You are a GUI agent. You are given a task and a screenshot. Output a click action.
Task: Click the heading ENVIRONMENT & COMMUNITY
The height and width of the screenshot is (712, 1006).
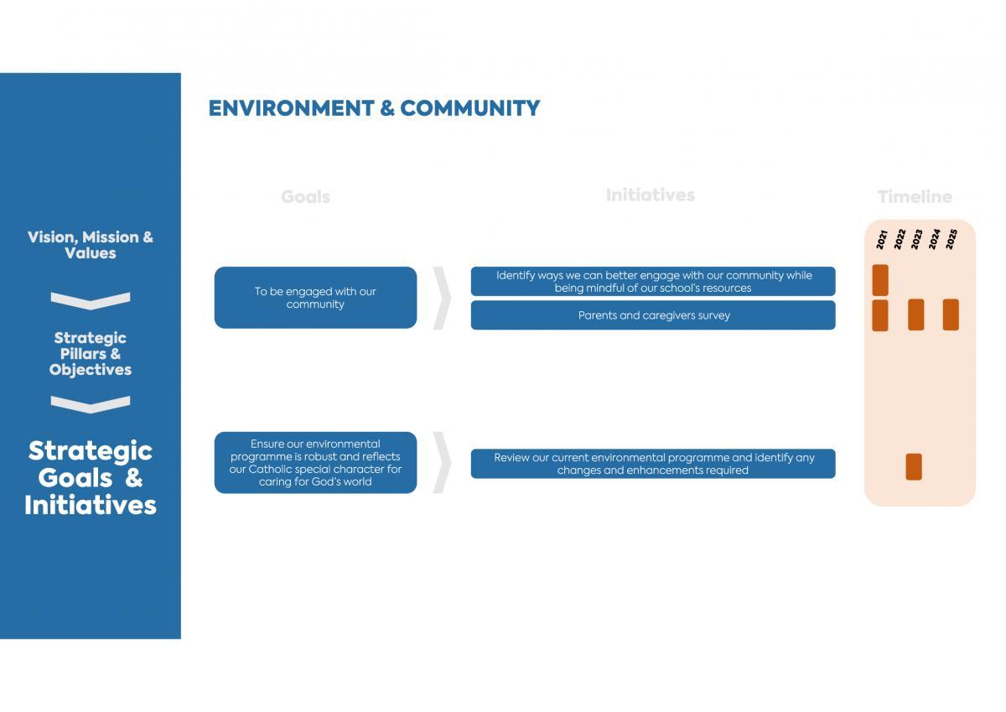pos(374,108)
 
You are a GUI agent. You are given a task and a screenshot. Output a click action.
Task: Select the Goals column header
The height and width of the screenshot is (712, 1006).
pos(305,197)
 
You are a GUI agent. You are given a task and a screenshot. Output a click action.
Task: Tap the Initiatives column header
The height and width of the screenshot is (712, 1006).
pos(650,195)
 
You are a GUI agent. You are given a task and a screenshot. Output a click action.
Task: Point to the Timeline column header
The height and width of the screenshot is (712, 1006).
pos(915,197)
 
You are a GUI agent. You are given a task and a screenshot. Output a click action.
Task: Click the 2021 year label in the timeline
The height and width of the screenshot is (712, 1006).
pos(882,239)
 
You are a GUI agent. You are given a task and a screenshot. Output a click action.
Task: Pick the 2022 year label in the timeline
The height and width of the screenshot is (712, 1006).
pos(900,239)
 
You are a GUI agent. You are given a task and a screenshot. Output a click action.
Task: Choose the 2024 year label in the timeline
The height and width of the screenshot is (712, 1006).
pos(934,239)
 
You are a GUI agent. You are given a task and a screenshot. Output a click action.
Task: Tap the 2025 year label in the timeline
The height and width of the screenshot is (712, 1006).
pos(952,239)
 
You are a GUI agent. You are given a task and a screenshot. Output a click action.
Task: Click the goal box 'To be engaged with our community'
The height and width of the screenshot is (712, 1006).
pos(315,298)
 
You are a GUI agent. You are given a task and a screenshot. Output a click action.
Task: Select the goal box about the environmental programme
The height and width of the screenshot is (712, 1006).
pos(315,463)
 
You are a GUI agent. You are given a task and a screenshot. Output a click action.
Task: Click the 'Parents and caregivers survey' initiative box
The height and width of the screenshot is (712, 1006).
pos(653,315)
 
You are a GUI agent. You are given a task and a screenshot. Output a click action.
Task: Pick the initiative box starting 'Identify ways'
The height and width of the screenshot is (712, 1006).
pos(653,281)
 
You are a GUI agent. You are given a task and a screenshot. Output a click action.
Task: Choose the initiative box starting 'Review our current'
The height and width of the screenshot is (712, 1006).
pos(653,464)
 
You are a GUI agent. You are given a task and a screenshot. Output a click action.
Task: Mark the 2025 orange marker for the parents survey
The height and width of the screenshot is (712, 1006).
pos(951,314)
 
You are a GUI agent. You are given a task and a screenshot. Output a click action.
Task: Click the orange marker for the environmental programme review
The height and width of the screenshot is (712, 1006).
pos(914,467)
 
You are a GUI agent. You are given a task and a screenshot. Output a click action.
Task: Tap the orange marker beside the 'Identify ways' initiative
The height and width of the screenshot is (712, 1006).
pos(880,280)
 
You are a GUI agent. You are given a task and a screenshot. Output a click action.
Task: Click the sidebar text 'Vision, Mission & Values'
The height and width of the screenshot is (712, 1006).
pos(91,245)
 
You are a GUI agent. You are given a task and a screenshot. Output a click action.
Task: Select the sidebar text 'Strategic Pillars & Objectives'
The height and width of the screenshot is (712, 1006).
pos(91,354)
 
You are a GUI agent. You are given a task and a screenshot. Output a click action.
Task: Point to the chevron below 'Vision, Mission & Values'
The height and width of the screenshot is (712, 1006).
pos(91,301)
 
